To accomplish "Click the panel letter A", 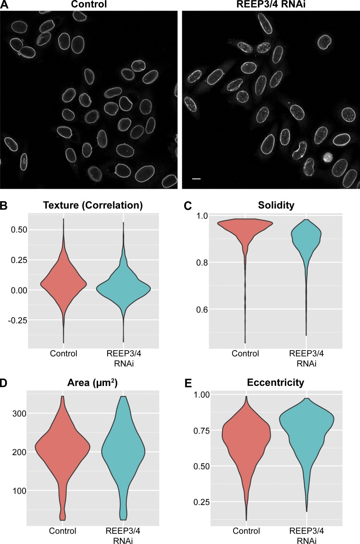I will pos(4,5).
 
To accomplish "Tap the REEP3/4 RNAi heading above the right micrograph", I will pos(270,5).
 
